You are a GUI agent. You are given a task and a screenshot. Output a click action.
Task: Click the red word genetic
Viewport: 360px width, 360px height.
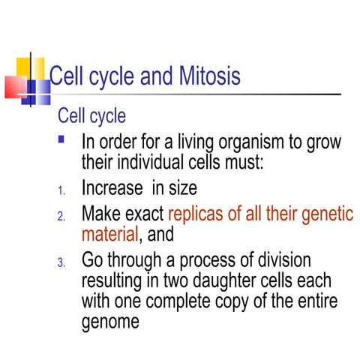point(324,214)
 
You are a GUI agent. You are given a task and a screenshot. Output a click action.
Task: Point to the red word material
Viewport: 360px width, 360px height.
point(110,234)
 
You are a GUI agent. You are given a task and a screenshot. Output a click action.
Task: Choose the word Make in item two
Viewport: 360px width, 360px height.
point(101,214)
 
